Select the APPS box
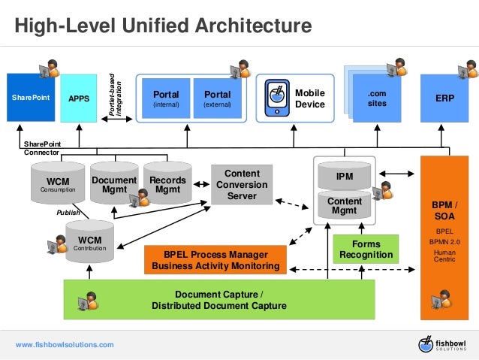(78, 98)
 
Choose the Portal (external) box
(218, 99)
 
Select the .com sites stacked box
(377, 98)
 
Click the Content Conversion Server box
(242, 184)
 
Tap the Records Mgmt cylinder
(167, 185)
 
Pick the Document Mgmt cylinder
(114, 185)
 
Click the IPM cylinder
(345, 176)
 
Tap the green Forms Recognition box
(366, 250)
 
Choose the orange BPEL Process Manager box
(216, 260)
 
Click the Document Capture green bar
(218, 300)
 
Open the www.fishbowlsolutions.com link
(65, 344)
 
